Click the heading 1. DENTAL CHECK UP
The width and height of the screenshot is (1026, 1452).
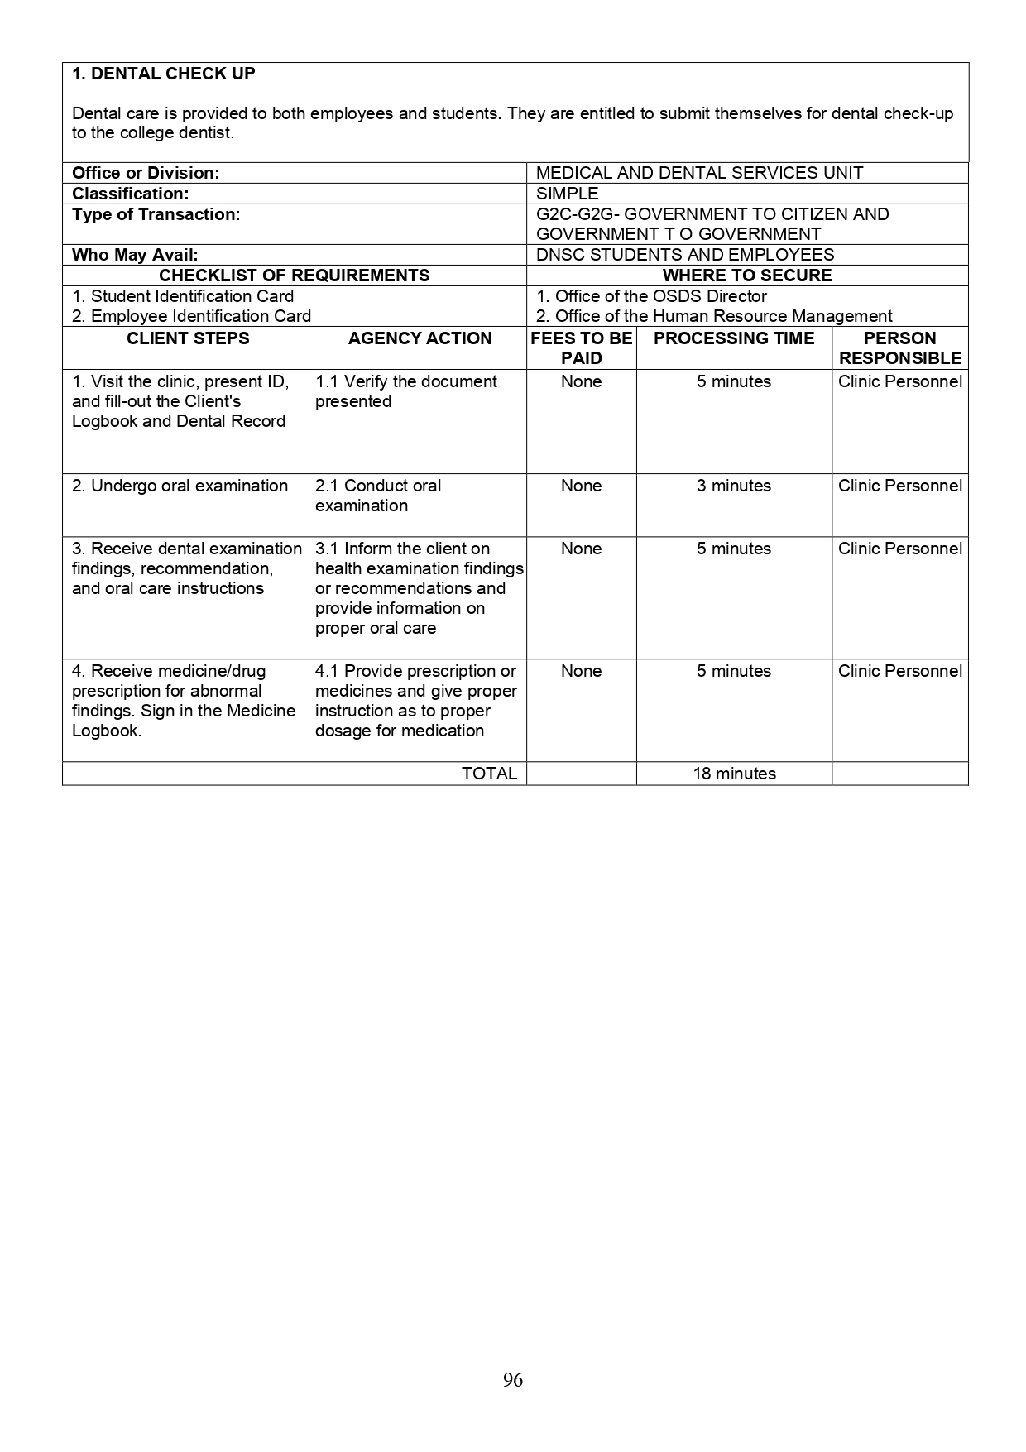164,74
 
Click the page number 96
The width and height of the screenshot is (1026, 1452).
513,1379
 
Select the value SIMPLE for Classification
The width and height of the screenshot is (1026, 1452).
568,194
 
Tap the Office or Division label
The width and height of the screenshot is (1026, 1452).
146,173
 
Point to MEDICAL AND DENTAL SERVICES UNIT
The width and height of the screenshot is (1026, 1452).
699,173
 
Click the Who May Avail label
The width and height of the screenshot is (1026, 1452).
135,255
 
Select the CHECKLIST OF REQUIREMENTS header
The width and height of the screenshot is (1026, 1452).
294,276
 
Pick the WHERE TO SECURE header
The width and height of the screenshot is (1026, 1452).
747,276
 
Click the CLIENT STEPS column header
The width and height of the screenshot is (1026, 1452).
188,338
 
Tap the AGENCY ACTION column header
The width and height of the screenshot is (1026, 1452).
420,338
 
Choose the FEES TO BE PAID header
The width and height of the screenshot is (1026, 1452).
581,348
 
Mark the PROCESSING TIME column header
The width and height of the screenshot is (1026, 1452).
734,338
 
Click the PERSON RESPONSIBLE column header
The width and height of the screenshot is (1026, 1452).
900,348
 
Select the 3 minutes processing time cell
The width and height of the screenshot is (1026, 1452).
734,486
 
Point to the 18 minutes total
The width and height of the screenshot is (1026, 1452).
734,774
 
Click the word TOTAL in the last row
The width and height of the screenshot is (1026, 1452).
489,774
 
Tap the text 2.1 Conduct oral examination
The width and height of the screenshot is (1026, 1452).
378,496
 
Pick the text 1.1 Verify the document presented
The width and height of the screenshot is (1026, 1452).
405,391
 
